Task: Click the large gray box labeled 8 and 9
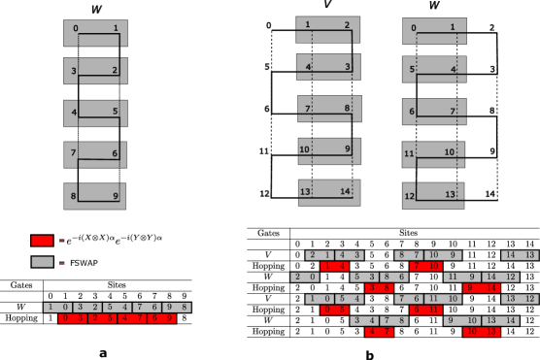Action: pyautogui.click(x=95, y=195)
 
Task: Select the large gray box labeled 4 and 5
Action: pyautogui.click(x=95, y=114)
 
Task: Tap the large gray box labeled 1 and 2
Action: pyautogui.click(x=328, y=29)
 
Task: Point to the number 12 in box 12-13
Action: pyautogui.click(x=410, y=196)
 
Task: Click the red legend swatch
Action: pyautogui.click(x=42, y=240)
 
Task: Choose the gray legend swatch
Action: pyautogui.click(x=42, y=262)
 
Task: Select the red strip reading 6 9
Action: pyautogui.click(x=162, y=318)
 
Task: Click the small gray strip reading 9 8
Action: pyautogui.click(x=176, y=307)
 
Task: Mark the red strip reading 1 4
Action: pyautogui.click(x=334, y=266)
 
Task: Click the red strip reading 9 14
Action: pyautogui.click(x=482, y=288)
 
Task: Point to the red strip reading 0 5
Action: pyautogui.click(x=334, y=310)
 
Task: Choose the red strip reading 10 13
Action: pyautogui.click(x=482, y=332)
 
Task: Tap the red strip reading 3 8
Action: pyautogui.click(x=380, y=288)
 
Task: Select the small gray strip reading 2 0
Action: pyautogui.click(x=305, y=277)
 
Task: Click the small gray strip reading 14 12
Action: pyautogui.click(x=501, y=277)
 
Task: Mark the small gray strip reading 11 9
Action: pyautogui.click(x=457, y=277)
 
